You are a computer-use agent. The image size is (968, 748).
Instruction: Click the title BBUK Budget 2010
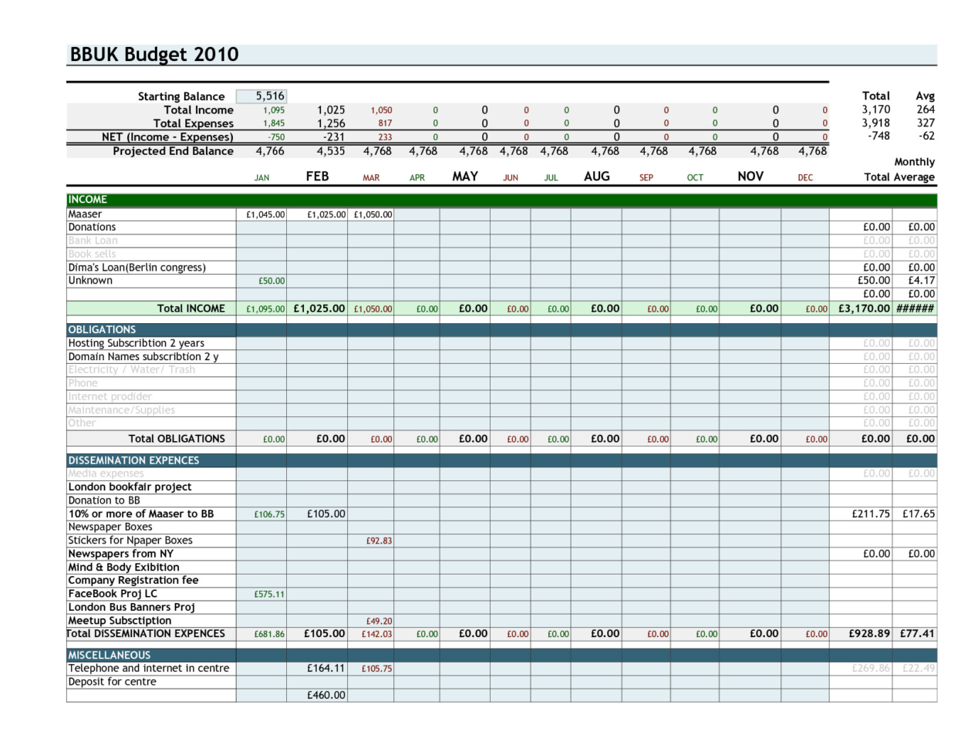pos(154,55)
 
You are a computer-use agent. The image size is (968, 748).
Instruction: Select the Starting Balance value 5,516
pos(270,96)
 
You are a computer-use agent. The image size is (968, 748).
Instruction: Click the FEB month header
pos(317,177)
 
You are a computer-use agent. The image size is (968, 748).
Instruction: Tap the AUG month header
pos(596,177)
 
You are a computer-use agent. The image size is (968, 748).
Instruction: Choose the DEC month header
pos(804,178)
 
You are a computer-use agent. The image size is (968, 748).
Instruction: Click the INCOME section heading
pos(88,200)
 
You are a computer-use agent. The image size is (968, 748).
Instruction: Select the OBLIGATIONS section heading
pos(102,329)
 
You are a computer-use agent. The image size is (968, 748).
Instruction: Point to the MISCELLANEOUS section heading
pos(110,655)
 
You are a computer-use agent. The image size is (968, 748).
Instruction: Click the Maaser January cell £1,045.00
pos(265,215)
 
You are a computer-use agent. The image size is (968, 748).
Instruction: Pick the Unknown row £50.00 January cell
pos(272,281)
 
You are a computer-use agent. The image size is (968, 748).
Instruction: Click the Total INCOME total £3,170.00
pos(864,308)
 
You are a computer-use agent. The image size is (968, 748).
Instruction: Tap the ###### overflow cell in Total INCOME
pos(915,308)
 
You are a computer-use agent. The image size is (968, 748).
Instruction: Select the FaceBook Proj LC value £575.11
pos(269,595)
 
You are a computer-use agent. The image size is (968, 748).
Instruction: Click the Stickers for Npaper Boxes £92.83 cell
pos(379,541)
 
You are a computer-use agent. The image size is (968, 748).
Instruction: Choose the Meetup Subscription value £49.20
pos(379,622)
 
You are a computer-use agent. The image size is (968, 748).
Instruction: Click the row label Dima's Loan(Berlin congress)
pos(137,268)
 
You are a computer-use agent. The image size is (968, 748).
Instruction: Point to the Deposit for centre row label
pos(112,682)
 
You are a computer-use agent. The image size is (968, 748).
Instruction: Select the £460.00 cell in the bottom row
pos(326,696)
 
